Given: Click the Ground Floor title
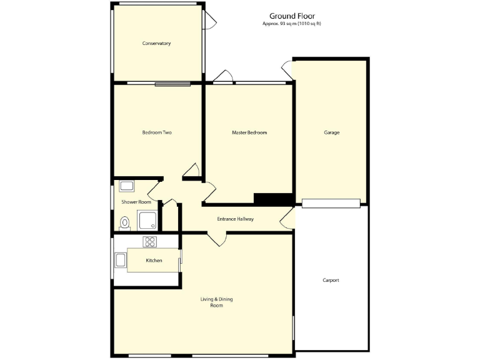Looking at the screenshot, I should click(292, 16).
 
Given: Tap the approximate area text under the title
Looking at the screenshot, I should click(292, 24).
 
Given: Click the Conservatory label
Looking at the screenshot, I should click(156, 43).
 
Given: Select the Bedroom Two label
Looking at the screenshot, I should click(157, 132).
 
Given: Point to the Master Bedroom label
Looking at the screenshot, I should click(249, 132).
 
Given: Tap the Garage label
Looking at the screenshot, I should click(331, 132).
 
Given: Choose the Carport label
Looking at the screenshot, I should click(331, 280).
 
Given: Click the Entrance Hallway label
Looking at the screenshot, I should click(235, 219).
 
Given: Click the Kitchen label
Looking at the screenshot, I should click(154, 260).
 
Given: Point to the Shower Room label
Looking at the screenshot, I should click(136, 202).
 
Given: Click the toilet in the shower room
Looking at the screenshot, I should click(124, 222).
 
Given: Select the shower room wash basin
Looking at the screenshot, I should click(127, 186).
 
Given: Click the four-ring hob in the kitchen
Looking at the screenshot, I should click(150, 241).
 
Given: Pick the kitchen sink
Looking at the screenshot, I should click(120, 260).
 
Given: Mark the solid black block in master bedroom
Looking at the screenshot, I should click(273, 198).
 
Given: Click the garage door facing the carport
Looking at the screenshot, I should click(331, 202).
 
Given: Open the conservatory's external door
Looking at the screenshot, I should click(211, 21).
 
